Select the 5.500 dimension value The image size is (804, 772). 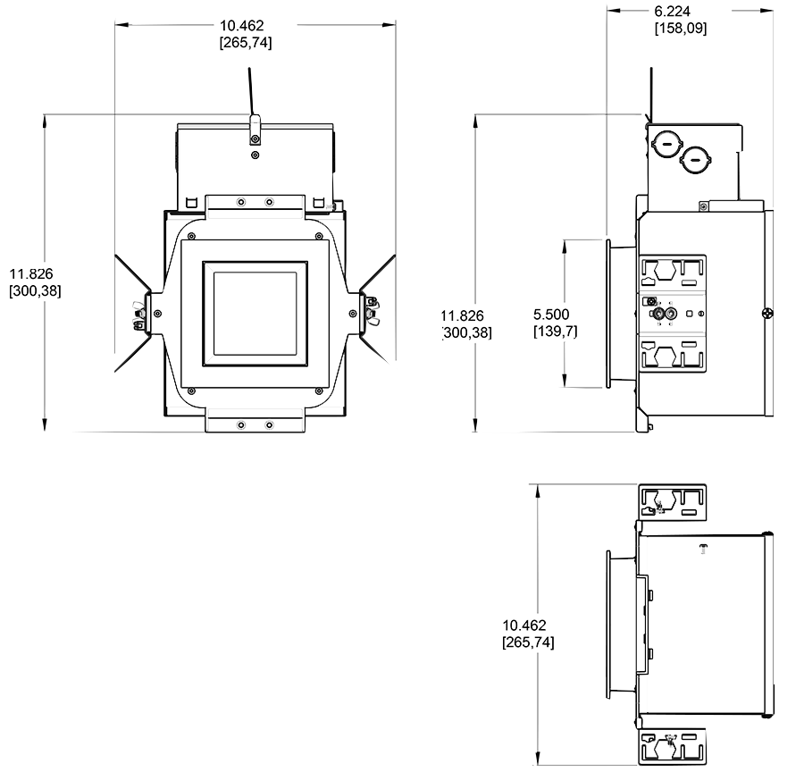click(x=551, y=315)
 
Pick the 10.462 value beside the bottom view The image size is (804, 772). click(x=524, y=625)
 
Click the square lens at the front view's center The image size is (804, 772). click(x=255, y=313)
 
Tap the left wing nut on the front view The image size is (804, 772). click(x=138, y=314)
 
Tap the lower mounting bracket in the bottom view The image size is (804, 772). click(x=673, y=745)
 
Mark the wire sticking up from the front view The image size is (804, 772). click(x=250, y=94)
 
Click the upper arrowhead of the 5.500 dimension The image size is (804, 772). click(x=565, y=243)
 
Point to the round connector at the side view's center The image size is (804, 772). click(x=660, y=314)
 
